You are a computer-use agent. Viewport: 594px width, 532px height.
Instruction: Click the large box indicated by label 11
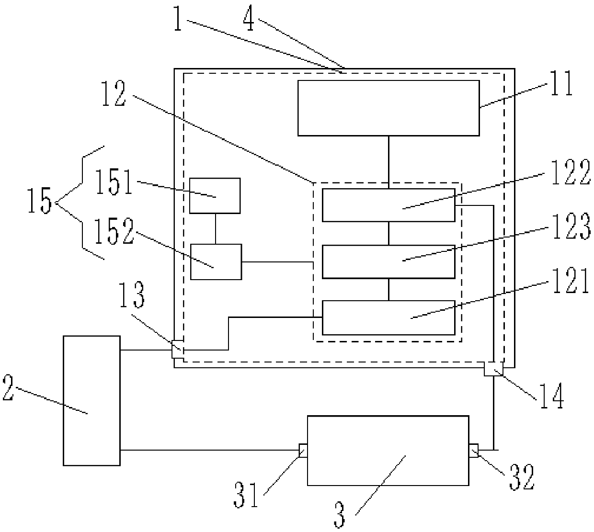388,108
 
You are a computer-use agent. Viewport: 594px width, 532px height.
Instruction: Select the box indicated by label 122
388,205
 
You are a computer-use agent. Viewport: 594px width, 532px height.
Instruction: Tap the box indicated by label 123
388,261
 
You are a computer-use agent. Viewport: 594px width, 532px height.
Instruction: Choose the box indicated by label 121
388,317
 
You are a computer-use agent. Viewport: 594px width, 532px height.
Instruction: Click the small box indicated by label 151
215,195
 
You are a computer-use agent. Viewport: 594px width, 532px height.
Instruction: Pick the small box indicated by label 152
216,261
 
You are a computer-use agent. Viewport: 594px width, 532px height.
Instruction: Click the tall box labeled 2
91,400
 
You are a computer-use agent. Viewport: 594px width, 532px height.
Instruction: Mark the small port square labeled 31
303,451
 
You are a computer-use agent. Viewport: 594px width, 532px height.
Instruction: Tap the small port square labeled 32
473,451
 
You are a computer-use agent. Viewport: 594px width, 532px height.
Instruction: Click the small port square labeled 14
493,369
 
